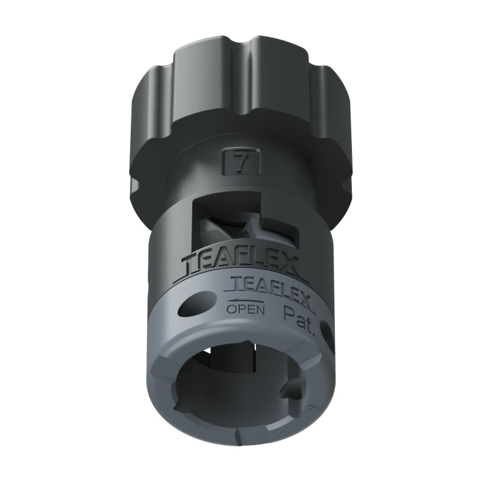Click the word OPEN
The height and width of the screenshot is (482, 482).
(245, 310)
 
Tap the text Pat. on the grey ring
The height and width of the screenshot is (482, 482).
(298, 313)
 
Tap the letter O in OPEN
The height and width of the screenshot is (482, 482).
(232, 310)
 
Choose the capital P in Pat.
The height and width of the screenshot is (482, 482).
(288, 313)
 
